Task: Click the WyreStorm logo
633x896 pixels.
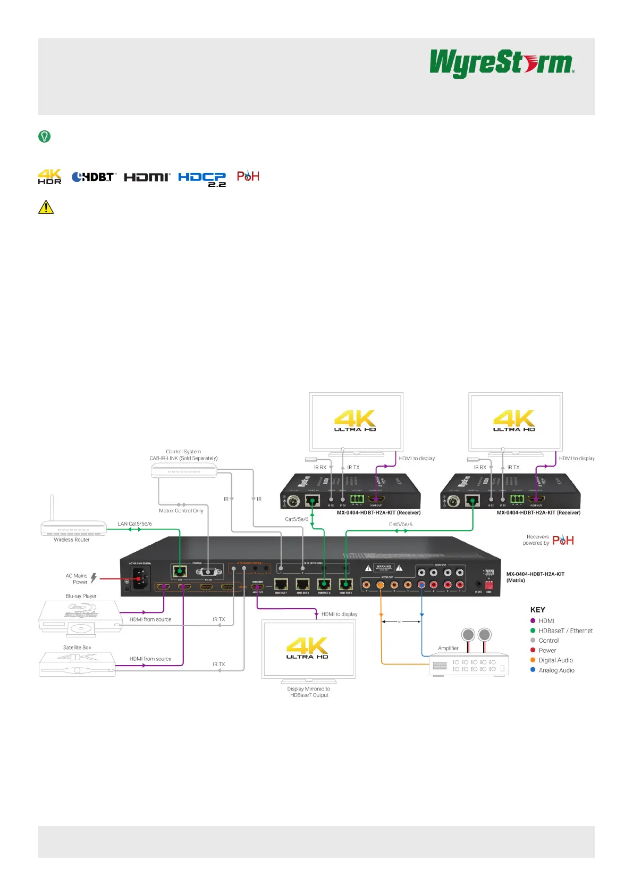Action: pos(502,63)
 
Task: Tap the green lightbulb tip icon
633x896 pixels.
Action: pos(45,136)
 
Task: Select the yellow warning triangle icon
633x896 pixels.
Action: pos(46,207)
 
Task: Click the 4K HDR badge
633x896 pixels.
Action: pos(49,177)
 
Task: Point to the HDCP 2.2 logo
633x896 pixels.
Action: pos(202,179)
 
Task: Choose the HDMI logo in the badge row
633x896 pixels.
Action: pos(147,177)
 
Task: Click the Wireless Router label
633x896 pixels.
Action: pos(72,540)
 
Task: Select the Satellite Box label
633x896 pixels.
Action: pos(77,648)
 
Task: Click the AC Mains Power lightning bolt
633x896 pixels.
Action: pos(94,578)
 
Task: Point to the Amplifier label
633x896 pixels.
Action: pos(448,648)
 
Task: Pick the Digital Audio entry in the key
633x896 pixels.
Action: pos(555,660)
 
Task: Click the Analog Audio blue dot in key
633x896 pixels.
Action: pos(533,670)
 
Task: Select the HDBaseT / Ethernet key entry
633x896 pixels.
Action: pos(566,630)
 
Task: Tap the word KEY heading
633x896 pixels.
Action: pos(537,610)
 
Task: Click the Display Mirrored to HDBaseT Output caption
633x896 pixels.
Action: pos(309,692)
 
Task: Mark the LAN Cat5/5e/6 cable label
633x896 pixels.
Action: pos(134,524)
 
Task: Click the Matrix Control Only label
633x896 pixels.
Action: pos(181,510)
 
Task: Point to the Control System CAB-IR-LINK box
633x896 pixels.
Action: pos(184,470)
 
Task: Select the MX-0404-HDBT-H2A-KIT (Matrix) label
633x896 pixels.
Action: pos(535,577)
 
